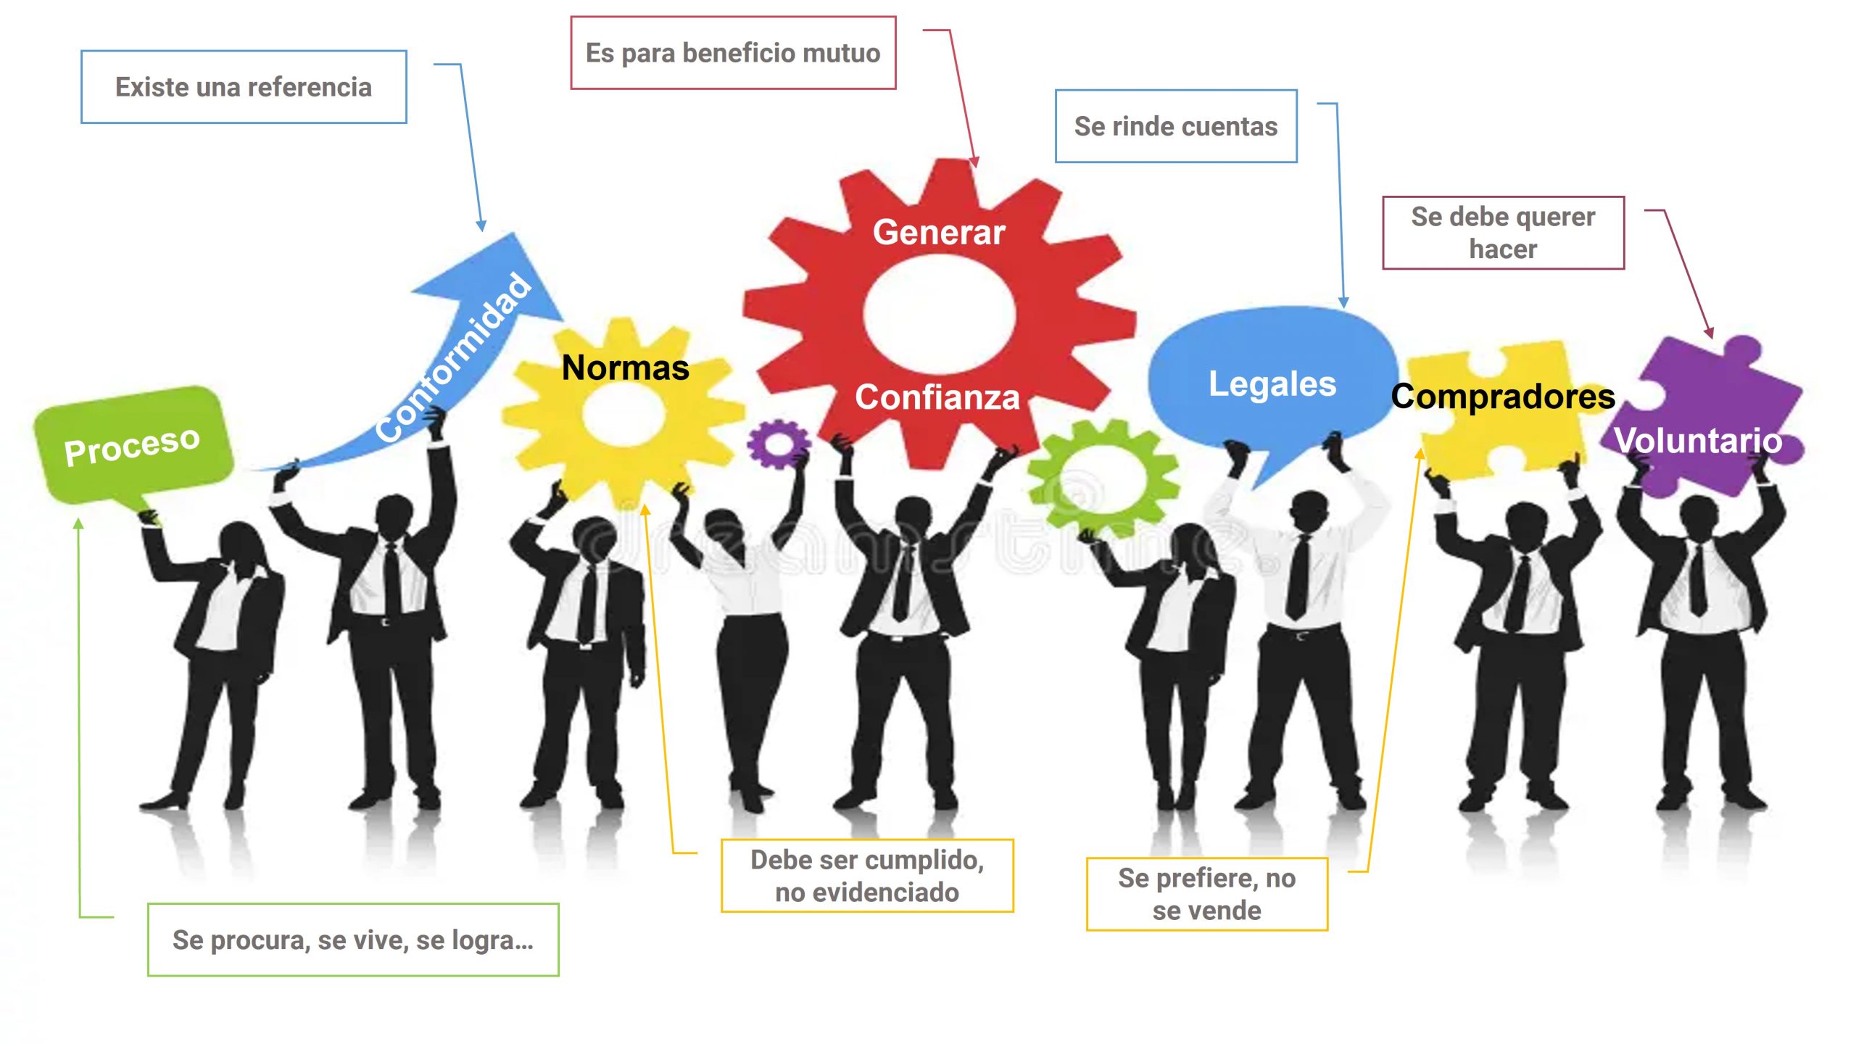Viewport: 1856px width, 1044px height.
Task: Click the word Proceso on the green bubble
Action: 132,445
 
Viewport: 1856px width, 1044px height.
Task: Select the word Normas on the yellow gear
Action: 625,368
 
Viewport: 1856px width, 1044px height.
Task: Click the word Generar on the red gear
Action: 939,232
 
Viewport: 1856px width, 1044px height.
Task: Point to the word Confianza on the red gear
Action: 937,397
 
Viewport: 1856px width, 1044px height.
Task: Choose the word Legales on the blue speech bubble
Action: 1272,384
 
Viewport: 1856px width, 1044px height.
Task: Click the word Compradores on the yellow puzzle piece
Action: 1503,397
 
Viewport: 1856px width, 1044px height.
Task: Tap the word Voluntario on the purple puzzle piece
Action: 1698,440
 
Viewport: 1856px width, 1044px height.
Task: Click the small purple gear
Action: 778,443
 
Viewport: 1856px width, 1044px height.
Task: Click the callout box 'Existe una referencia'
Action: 244,87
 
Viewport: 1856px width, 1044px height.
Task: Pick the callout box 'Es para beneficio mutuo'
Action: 733,53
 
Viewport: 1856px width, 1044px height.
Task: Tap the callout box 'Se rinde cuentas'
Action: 1175,126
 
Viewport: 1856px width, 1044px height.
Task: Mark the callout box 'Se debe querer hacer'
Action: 1503,233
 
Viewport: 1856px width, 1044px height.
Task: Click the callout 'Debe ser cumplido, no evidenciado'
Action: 867,876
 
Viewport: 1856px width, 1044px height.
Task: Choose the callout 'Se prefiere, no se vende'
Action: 1206,894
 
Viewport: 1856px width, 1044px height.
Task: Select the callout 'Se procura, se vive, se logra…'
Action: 353,940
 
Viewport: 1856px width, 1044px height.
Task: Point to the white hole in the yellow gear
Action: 623,412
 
